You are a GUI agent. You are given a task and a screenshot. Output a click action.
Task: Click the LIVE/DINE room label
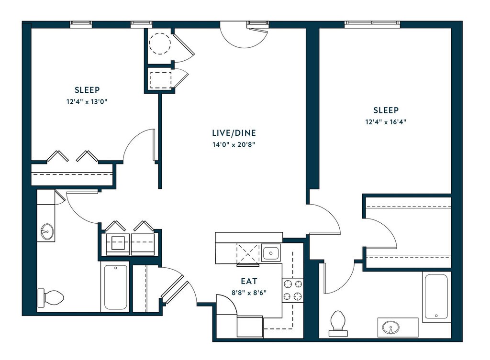[x=234, y=133]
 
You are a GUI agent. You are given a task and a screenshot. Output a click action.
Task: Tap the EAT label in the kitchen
[x=249, y=281]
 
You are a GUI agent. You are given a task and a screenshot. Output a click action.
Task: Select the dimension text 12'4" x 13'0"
[x=87, y=101]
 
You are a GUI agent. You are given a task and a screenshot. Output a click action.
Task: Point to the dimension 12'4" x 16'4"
[x=386, y=122]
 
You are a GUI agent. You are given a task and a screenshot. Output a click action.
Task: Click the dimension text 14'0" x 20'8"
[x=234, y=144]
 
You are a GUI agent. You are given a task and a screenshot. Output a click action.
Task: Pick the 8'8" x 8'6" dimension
[x=249, y=293]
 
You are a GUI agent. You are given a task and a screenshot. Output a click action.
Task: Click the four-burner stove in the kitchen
[x=293, y=290]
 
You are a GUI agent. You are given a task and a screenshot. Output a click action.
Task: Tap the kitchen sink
[x=271, y=252]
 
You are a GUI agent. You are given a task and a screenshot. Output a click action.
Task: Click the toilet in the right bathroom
[x=338, y=324]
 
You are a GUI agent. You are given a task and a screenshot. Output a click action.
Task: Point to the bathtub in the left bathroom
[x=115, y=287]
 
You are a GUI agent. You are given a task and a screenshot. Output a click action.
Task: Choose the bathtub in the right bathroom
[x=436, y=296]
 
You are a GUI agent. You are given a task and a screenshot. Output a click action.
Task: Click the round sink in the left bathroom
[x=47, y=232]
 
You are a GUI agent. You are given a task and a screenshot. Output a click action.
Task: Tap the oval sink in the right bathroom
[x=390, y=327]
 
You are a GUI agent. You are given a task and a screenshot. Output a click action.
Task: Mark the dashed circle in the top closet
[x=160, y=44]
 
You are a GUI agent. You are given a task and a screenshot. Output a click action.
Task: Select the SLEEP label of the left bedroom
[x=87, y=90]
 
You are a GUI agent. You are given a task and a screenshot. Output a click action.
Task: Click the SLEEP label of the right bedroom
[x=386, y=110]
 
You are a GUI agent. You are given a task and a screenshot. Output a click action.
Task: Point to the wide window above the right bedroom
[x=372, y=24]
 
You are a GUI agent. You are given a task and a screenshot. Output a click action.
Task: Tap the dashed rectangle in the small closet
[x=161, y=80]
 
